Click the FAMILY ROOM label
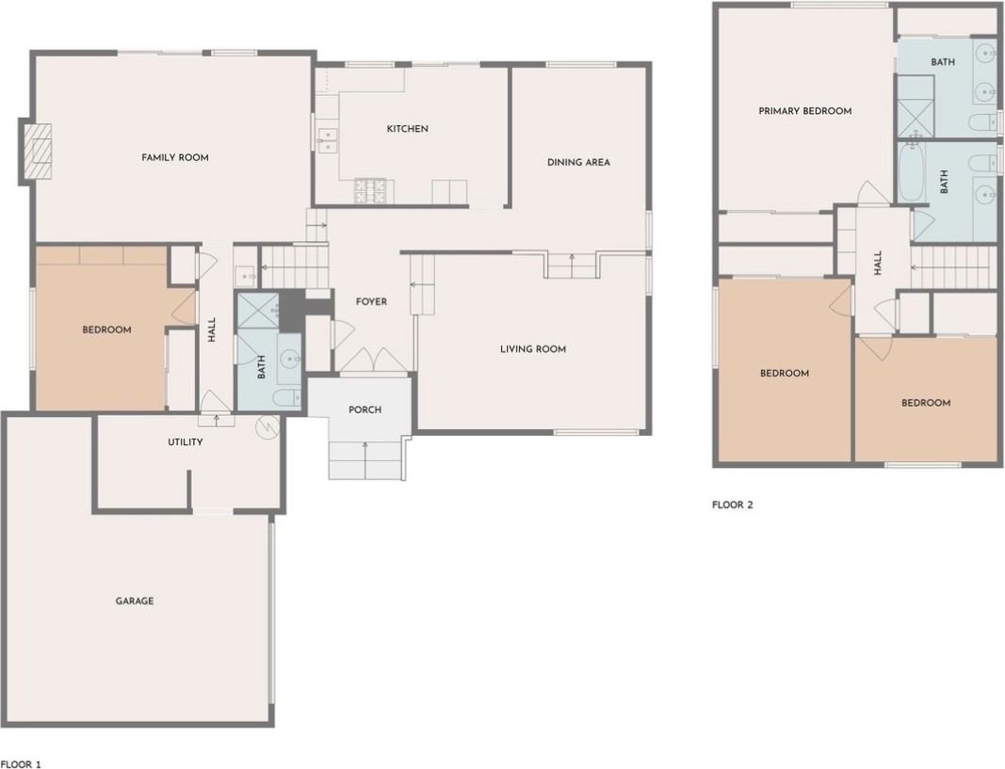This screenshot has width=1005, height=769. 175,157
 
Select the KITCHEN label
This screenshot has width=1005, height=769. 408,129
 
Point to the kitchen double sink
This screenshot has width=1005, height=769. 328,140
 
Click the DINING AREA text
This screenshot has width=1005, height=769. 578,163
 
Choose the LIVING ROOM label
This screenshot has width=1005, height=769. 533,349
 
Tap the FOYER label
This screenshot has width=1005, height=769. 371,301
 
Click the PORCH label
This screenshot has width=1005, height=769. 365,409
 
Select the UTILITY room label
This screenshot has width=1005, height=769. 186,441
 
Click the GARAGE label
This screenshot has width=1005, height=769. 135,601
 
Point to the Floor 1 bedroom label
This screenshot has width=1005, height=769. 106,329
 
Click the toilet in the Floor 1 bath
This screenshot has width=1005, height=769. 286,398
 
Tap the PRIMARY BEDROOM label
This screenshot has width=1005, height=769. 805,111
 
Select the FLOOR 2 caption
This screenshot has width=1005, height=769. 733,505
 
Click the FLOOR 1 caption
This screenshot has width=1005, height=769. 21,764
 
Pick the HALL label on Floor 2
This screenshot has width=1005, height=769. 878,264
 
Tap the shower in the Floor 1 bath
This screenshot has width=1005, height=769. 258,311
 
